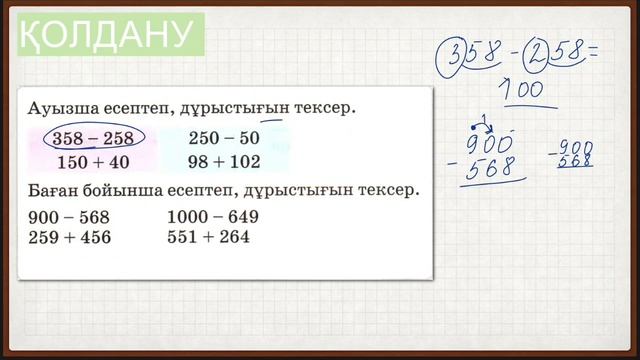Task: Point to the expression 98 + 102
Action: (223, 161)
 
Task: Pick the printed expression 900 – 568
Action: (70, 216)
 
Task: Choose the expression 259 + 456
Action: (70, 237)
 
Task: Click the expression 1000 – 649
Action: (214, 216)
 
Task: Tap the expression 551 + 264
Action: (210, 237)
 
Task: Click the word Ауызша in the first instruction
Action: (61, 106)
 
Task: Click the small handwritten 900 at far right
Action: (575, 146)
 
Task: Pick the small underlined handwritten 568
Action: (575, 161)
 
